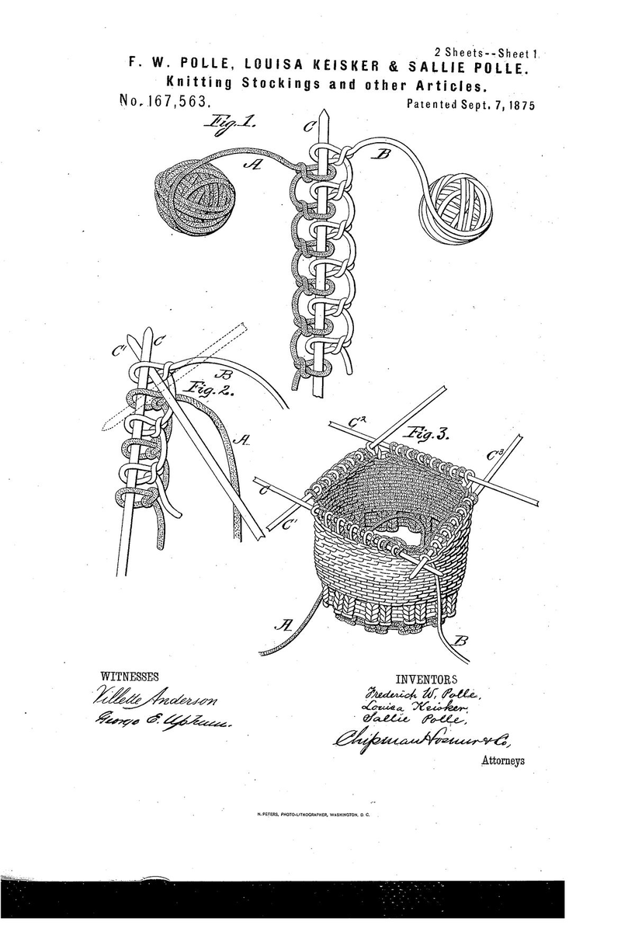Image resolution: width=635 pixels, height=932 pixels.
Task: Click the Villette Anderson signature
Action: [x=146, y=695]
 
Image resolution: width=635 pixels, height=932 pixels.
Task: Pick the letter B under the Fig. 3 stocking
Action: [x=460, y=642]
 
